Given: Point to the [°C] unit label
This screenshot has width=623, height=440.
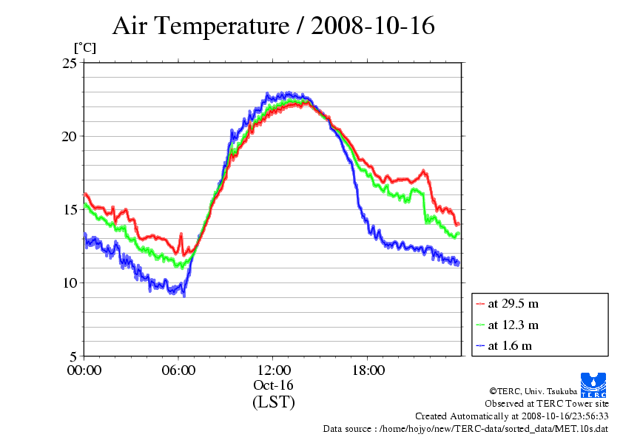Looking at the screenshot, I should pyautogui.click(x=84, y=48).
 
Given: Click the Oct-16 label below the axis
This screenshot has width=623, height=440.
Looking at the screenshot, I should pyautogui.click(x=274, y=386).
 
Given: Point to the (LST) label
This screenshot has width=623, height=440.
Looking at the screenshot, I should pyautogui.click(x=274, y=402).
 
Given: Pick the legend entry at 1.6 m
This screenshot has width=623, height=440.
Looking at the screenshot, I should pyautogui.click(x=510, y=345).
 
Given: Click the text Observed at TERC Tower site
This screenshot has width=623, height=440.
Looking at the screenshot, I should pyautogui.click(x=547, y=404).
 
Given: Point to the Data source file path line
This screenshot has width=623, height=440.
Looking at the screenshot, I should pyautogui.click(x=465, y=428).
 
